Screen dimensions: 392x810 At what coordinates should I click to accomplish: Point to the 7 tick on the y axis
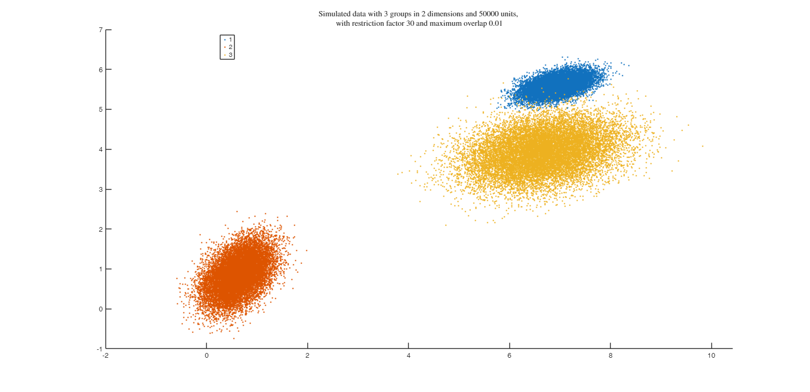(100, 30)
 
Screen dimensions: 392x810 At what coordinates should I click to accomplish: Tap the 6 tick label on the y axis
(100, 70)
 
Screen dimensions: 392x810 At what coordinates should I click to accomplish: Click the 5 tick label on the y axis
(100, 110)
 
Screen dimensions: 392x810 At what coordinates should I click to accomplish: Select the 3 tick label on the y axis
(100, 189)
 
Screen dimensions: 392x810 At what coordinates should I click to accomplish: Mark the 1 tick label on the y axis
(100, 269)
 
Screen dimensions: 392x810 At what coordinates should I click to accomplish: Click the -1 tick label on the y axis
(99, 349)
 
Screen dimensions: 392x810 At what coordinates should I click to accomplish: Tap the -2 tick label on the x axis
(105, 356)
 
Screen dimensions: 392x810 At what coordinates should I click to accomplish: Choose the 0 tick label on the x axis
(207, 356)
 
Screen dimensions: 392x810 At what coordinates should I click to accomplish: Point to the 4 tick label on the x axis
(409, 356)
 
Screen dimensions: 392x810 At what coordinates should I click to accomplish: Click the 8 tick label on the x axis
(611, 356)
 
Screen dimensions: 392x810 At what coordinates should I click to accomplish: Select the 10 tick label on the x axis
(711, 356)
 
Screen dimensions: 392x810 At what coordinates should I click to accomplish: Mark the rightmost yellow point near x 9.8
(702, 146)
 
